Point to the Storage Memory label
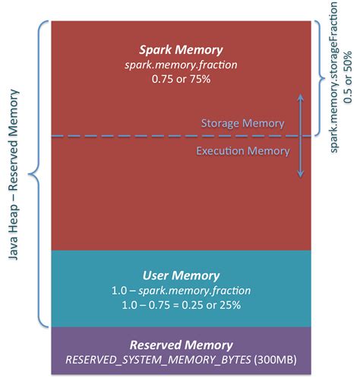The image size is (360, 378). click(x=242, y=123)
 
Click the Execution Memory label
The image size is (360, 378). click(x=243, y=151)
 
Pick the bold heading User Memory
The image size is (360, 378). click(x=181, y=275)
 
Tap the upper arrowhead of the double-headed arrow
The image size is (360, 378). click(x=301, y=97)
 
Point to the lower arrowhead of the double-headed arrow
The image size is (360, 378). click(x=301, y=174)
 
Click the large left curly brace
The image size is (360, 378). click(x=36, y=174)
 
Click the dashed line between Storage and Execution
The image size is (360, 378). click(x=114, y=137)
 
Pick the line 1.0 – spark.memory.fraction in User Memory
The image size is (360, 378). click(x=181, y=289)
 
